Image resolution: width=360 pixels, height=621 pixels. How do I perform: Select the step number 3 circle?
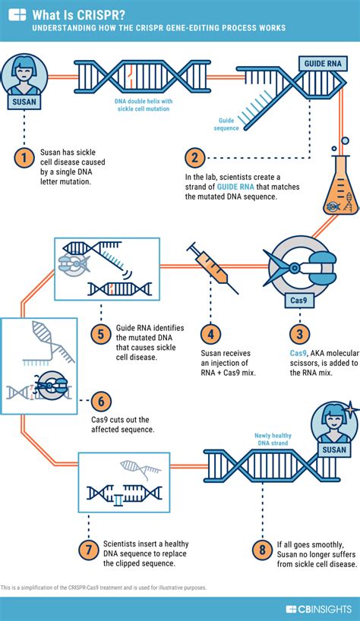[301, 334]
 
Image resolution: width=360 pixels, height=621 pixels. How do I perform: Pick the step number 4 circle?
[212, 334]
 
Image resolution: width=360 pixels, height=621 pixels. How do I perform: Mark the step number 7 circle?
[89, 550]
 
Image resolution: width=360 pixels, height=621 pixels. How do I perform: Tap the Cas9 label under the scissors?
[298, 300]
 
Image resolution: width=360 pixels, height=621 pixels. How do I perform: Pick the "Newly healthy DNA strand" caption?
[273, 440]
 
